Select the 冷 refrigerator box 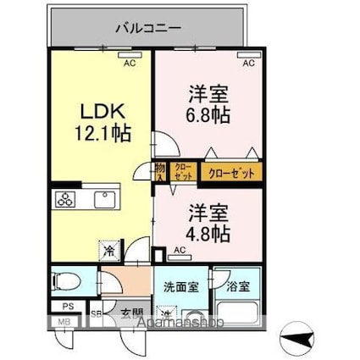pos(110,251)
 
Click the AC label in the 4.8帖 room pos(180,250)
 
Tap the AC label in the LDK pos(130,64)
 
